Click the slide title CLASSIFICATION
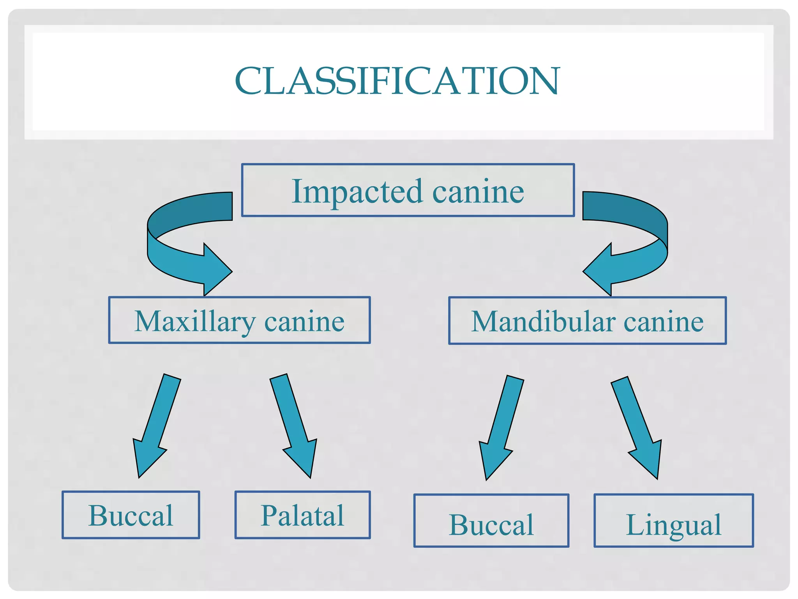click(x=397, y=81)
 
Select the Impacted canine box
click(x=408, y=190)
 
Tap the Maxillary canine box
click(x=239, y=320)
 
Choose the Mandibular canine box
click(x=587, y=321)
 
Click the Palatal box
click(x=302, y=515)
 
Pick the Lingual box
click(x=673, y=521)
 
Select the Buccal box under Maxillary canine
click(x=131, y=515)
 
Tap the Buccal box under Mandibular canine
click(x=491, y=521)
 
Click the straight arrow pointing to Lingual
click(x=639, y=425)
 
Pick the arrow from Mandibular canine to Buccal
click(x=501, y=425)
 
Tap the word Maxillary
click(x=195, y=321)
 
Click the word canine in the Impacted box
click(x=478, y=192)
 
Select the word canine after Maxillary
click(x=304, y=322)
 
